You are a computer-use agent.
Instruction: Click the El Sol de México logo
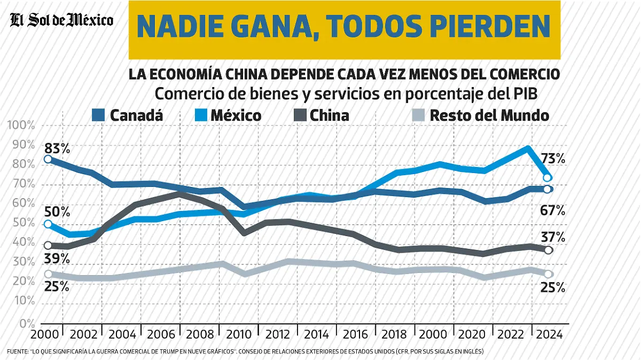62,21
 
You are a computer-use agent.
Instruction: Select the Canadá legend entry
136,115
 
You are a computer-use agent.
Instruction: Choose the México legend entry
236,115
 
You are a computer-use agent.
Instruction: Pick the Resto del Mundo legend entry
489,115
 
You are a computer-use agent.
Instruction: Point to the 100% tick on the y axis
21,126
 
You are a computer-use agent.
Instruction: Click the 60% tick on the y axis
21,204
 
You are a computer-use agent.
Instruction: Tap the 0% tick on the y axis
25,323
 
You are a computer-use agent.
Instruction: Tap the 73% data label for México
552,158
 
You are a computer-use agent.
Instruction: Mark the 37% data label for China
552,237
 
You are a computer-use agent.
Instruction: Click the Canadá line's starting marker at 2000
48,159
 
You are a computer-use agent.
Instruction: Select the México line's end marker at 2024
548,178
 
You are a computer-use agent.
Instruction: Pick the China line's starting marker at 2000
48,246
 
